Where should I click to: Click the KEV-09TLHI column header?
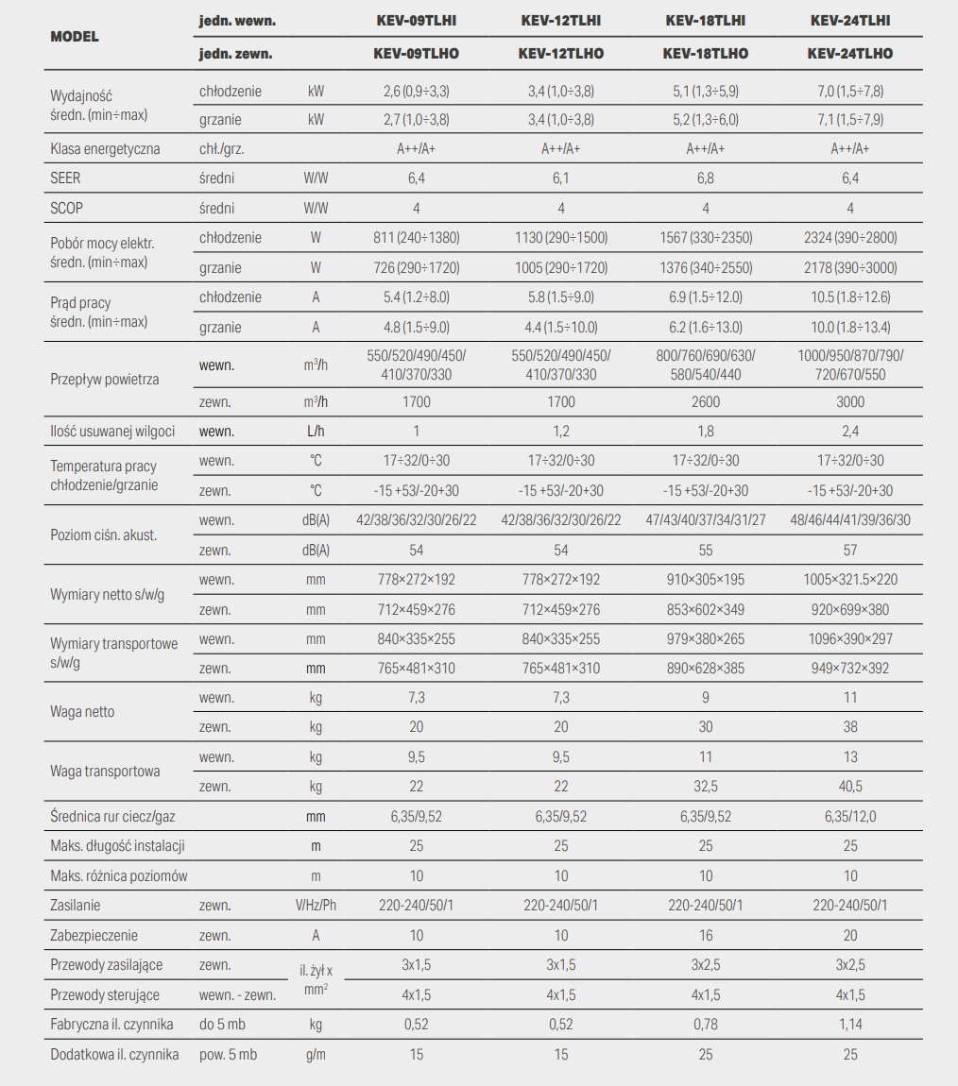[x=417, y=21]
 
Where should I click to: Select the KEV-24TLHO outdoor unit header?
[x=850, y=53]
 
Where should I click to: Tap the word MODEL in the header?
[x=75, y=37]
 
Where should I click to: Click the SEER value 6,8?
[x=705, y=178]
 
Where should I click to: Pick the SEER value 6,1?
[x=561, y=178]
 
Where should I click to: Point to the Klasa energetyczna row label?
[x=105, y=149]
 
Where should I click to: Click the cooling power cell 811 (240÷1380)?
[x=417, y=238]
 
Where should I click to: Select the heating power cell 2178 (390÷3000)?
[x=850, y=267]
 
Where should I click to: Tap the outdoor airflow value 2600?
[x=705, y=401]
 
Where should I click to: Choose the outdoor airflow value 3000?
[x=850, y=401]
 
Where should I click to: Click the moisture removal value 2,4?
[x=850, y=431]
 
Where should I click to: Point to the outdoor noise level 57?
[x=850, y=550]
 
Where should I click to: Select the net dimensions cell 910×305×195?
[x=705, y=579]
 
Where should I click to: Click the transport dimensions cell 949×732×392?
[x=850, y=669]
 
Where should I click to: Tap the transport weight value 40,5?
[x=850, y=786]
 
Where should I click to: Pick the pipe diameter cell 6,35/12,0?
[x=850, y=817]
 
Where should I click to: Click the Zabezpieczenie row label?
[x=94, y=935]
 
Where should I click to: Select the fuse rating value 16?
[x=705, y=935]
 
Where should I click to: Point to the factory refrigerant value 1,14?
[x=850, y=1025]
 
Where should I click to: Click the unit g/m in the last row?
[x=316, y=1054]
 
